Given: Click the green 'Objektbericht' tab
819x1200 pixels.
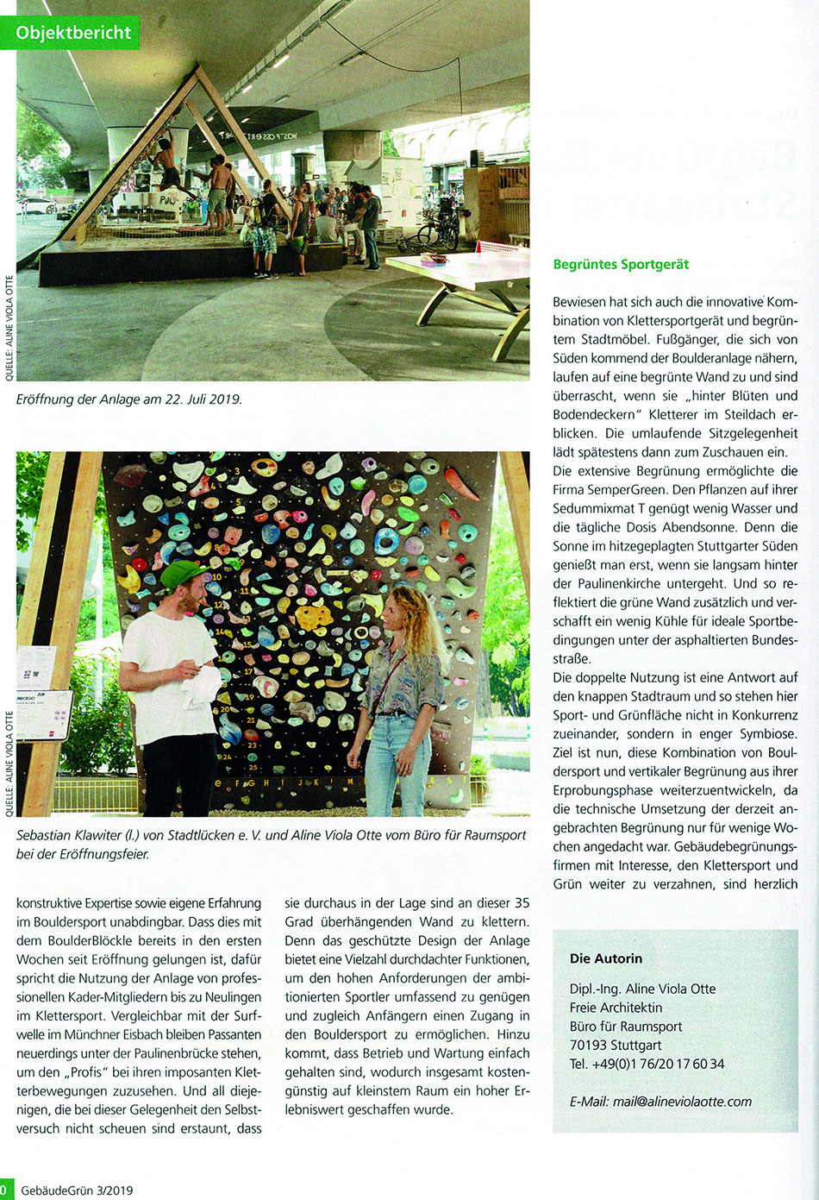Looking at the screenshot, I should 74,33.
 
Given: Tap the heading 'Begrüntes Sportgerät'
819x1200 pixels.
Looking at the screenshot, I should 621,264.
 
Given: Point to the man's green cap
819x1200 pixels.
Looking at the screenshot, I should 183,573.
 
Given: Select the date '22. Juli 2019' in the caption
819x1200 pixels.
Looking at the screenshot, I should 197,399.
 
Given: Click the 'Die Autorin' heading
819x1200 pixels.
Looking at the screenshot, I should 605,958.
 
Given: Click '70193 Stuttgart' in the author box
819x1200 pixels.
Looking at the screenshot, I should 616,1045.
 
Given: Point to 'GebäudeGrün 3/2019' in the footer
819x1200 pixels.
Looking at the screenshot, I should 77,1191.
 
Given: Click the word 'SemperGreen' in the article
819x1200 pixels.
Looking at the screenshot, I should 614,490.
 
